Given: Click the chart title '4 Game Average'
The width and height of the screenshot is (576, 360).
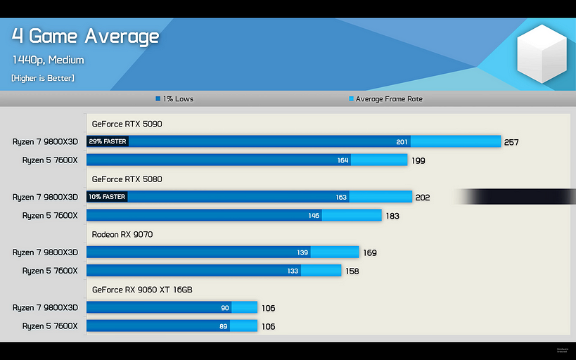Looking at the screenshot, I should click(x=85, y=36).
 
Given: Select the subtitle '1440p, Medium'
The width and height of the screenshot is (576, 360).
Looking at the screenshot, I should click(x=48, y=60).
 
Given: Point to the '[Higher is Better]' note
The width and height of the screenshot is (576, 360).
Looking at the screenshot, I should click(x=43, y=78).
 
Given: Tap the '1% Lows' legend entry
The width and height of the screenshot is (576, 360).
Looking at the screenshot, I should click(x=174, y=99).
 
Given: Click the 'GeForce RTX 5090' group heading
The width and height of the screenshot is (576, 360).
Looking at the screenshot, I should click(x=127, y=124).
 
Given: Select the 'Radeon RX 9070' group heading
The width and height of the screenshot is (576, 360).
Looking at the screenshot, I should click(x=122, y=234).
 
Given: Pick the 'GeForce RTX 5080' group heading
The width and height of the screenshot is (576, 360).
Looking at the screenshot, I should click(x=127, y=179).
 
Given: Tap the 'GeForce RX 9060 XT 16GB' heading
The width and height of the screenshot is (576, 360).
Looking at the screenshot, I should click(x=142, y=289).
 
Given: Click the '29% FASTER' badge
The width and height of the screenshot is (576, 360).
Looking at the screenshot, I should click(x=108, y=142).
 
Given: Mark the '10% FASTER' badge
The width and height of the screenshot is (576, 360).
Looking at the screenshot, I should click(x=108, y=197).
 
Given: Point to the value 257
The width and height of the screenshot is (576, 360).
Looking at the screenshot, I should click(x=511, y=143).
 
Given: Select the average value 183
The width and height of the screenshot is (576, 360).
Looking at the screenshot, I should click(x=392, y=216).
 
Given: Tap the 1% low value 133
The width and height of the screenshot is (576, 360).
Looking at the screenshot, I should click(x=293, y=271).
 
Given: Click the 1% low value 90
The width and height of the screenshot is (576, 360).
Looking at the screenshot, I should click(x=225, y=307).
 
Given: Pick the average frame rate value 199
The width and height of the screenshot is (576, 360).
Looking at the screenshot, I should click(x=418, y=161).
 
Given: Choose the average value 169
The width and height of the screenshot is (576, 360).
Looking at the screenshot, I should click(x=369, y=252).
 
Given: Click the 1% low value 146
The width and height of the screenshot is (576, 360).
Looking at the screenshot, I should click(x=314, y=215).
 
